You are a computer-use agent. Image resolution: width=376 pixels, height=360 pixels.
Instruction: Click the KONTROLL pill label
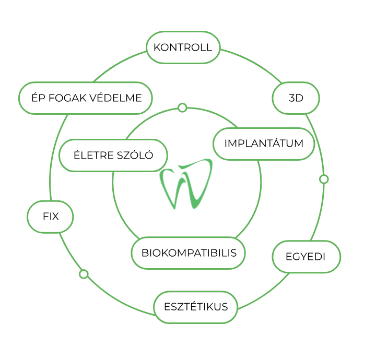tap(183, 47)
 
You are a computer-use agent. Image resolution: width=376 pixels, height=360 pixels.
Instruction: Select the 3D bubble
tap(296, 98)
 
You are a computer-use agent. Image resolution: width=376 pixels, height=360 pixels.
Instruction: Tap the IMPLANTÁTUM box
tap(264, 143)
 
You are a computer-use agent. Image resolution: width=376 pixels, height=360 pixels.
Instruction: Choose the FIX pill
tap(50, 217)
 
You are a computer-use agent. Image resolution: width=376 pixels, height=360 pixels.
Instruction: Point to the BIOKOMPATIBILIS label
tap(189, 253)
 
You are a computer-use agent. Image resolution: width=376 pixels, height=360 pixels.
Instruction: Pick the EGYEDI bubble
tap(307, 257)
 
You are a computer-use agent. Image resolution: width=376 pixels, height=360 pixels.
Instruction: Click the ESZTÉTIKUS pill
tap(196, 307)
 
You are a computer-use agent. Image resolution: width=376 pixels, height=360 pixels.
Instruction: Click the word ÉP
tap(38, 97)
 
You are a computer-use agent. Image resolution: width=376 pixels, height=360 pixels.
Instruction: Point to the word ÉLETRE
tap(93, 154)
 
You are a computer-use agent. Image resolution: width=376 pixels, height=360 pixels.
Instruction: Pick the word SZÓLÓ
tap(135, 154)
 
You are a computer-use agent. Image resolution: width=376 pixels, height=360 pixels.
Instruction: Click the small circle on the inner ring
tap(182, 108)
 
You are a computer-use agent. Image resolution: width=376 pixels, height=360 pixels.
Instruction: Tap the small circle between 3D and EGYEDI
tap(324, 179)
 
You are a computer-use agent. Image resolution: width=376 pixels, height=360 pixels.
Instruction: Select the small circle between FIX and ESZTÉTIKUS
tap(84, 274)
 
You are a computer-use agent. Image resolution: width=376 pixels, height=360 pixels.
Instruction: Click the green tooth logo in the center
tap(186, 184)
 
